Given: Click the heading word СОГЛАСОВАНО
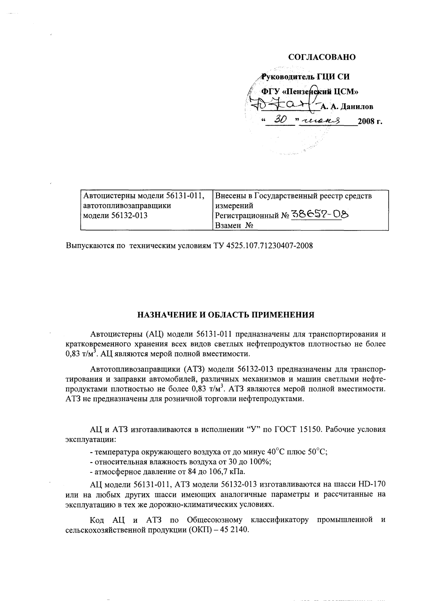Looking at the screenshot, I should [322, 57].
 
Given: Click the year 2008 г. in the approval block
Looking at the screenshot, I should [370, 121].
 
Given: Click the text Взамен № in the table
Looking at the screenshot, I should [234, 225].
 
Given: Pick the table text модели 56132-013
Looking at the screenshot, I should [116, 216].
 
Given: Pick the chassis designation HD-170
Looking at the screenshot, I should [371, 484].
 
